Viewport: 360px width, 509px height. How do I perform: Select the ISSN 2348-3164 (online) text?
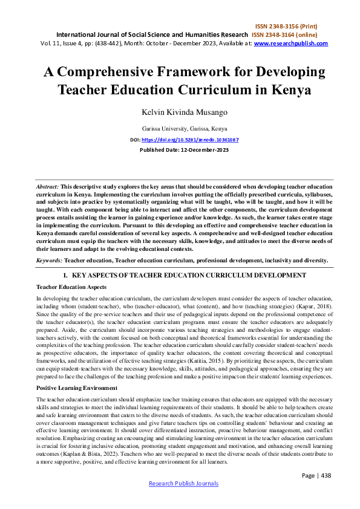point(290,34)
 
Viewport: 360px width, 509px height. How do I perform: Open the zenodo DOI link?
point(190,140)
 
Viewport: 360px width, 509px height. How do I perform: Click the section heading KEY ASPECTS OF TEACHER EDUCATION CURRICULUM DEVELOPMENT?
point(185,275)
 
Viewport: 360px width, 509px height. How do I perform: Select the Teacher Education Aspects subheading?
point(71,287)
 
